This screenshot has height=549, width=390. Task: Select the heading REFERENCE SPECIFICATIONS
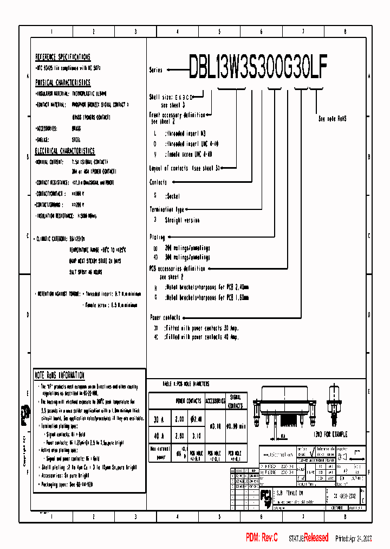(x=63, y=57)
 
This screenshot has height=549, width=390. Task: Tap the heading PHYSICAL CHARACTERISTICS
(x=63, y=82)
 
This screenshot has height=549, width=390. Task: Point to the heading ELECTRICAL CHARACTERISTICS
(x=65, y=151)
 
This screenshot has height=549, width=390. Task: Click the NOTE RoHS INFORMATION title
(x=60, y=375)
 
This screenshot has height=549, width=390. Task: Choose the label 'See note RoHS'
(x=332, y=118)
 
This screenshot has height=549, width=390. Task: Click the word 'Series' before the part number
(x=155, y=70)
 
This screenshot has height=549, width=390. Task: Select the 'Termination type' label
(x=167, y=209)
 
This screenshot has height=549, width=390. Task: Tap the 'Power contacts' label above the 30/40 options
(x=165, y=317)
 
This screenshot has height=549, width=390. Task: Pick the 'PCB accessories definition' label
(x=177, y=269)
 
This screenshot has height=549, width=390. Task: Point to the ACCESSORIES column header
(x=214, y=401)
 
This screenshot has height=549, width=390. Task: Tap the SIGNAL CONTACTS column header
(x=236, y=402)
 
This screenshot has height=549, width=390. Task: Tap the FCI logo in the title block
(x=266, y=495)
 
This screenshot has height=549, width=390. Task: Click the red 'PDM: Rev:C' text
(x=262, y=538)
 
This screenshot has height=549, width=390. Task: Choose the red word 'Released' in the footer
(x=316, y=538)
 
